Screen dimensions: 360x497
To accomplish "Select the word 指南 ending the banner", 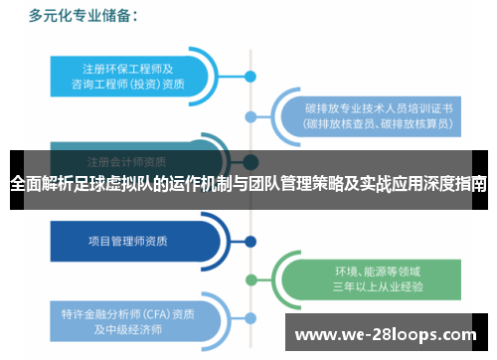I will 471,184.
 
